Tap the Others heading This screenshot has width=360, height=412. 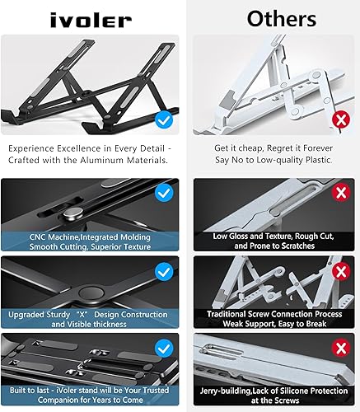[270, 17]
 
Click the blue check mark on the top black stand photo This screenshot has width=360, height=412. [164, 121]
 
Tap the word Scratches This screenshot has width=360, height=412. [292, 246]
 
